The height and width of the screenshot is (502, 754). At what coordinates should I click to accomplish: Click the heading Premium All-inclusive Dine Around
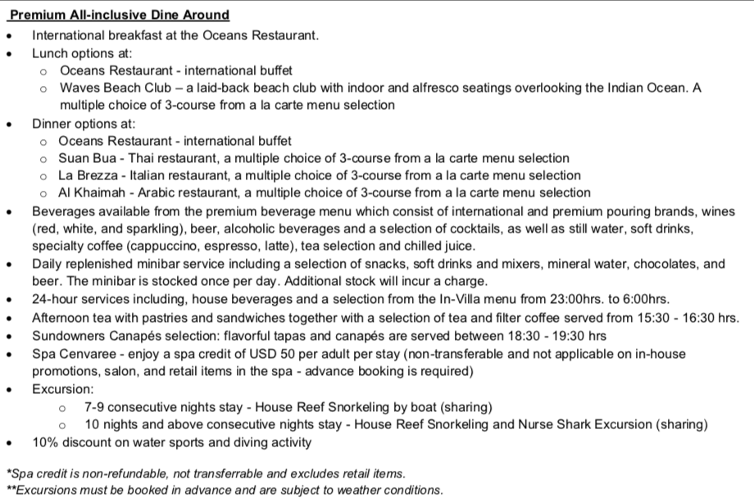119,15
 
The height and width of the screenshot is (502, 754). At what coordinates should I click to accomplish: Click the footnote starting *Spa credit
205,473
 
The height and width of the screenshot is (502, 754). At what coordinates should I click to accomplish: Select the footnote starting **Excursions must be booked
224,491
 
